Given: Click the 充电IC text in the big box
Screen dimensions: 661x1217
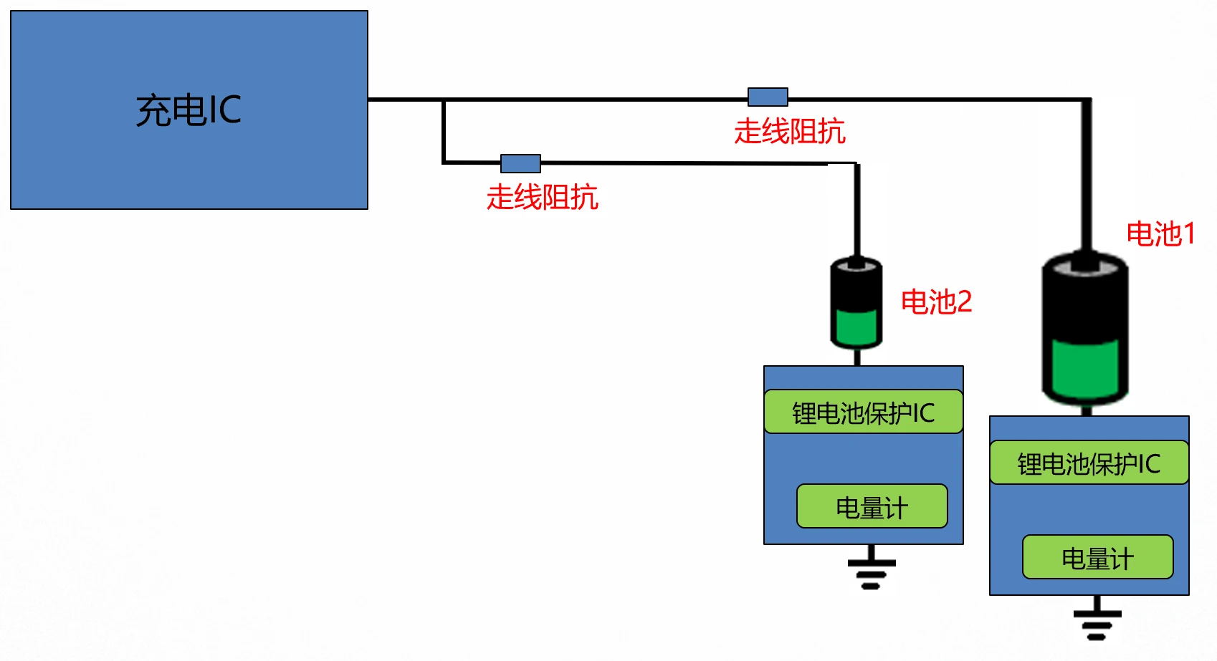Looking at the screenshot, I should tap(188, 110).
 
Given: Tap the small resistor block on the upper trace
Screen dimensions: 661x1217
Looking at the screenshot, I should tap(768, 97).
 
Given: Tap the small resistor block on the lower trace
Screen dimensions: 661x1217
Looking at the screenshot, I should tap(520, 163).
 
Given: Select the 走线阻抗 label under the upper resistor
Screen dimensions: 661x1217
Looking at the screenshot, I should tap(789, 132).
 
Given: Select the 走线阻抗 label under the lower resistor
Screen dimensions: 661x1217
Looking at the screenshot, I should tap(542, 197).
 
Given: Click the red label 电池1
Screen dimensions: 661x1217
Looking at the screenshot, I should tap(1160, 234).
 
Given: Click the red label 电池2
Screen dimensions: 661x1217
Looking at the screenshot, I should tap(936, 301).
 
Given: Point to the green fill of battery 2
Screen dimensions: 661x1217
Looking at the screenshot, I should tap(856, 327).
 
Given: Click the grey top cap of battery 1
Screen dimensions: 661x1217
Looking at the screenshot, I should tap(1085, 266).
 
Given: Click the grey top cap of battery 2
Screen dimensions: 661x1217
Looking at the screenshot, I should tap(856, 265).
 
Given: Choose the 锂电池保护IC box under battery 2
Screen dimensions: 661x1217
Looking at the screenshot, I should tap(863, 412).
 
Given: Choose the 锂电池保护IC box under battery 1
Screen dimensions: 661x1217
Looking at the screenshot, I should tap(1089, 463).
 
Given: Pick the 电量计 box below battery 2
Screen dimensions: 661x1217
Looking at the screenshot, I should tap(872, 507).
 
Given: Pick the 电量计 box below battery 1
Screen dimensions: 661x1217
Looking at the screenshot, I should tap(1097, 558).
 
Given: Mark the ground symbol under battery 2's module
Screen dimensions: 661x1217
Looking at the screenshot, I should tap(871, 569).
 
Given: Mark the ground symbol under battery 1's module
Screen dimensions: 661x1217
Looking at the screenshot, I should tap(1097, 620).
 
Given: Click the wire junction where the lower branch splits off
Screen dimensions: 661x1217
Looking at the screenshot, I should tap(444, 100).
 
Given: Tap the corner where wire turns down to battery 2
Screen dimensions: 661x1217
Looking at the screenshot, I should tap(856, 165).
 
